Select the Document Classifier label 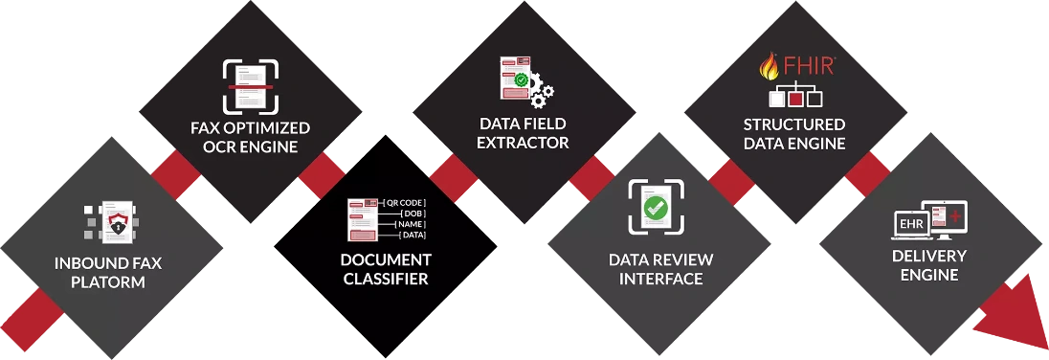click(x=386, y=269)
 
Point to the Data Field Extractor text click(x=524, y=133)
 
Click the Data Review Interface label click(x=656, y=269)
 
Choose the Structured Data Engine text click(x=794, y=134)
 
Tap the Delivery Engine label click(x=928, y=265)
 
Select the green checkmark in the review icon click(x=656, y=206)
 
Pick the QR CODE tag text click(x=406, y=204)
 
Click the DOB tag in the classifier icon click(x=411, y=214)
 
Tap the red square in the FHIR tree click(x=794, y=97)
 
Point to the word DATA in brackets click(x=413, y=235)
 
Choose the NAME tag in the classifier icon click(x=411, y=224)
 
